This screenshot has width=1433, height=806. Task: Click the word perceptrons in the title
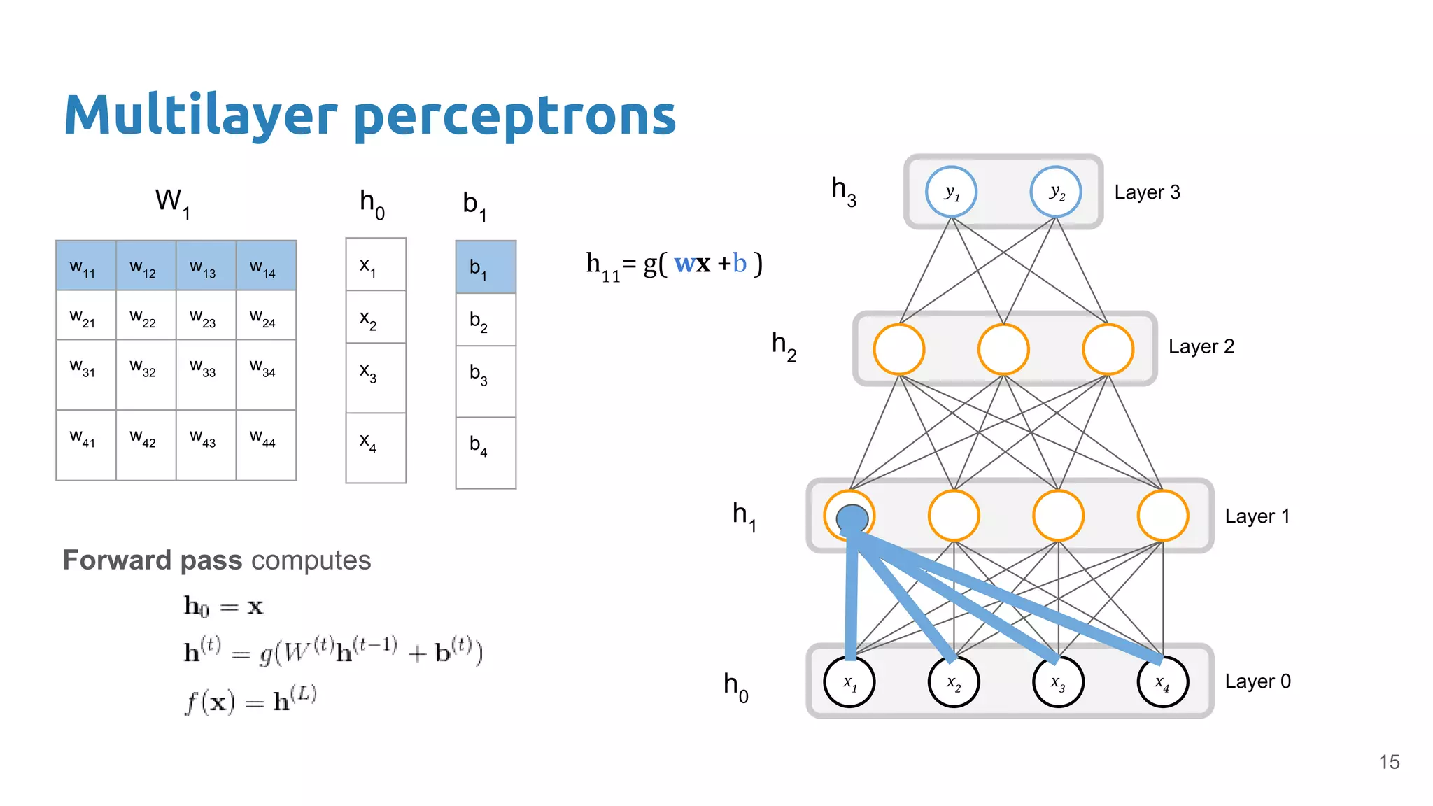click(x=515, y=116)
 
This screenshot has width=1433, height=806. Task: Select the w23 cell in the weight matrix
click(x=206, y=316)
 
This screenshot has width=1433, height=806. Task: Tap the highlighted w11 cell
click(x=85, y=266)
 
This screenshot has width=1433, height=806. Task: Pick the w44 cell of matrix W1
click(x=266, y=445)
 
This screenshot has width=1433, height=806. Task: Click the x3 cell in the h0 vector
click(x=376, y=378)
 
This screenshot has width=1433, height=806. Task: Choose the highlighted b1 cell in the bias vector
click(x=486, y=267)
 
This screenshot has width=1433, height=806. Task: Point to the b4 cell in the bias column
click(x=486, y=452)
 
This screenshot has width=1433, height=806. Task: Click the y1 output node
click(x=951, y=192)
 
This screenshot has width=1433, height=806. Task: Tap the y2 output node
click(x=1056, y=192)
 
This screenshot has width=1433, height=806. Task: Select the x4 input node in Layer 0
click(x=1162, y=681)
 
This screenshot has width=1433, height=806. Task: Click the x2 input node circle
click(x=954, y=681)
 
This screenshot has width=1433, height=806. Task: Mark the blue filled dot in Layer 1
click(x=852, y=519)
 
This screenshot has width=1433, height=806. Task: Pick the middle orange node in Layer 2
click(x=1003, y=349)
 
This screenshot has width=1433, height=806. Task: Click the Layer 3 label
click(x=1147, y=192)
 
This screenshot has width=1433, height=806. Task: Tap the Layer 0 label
click(x=1257, y=681)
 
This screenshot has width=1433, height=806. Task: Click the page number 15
click(x=1389, y=762)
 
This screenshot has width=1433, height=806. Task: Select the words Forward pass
click(x=153, y=560)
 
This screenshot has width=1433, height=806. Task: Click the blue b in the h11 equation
click(x=740, y=263)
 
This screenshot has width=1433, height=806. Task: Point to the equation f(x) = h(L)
click(x=250, y=700)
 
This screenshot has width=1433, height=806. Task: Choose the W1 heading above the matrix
click(x=172, y=202)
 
